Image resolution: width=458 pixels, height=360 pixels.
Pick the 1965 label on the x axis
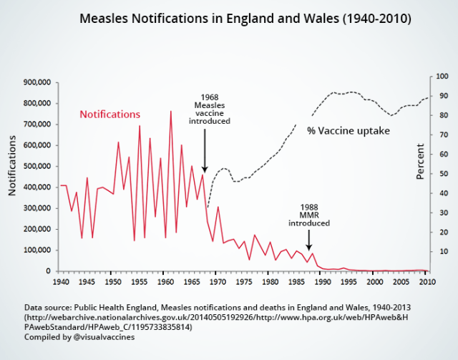coord(191,283)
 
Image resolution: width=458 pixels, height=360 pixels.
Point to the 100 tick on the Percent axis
coord(442,77)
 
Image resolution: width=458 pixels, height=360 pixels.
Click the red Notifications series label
coord(109,115)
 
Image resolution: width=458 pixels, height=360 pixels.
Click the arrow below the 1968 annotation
coord(205,150)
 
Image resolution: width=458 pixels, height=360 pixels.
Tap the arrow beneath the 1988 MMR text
coord(309,240)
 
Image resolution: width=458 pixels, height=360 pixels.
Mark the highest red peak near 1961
coord(170,112)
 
